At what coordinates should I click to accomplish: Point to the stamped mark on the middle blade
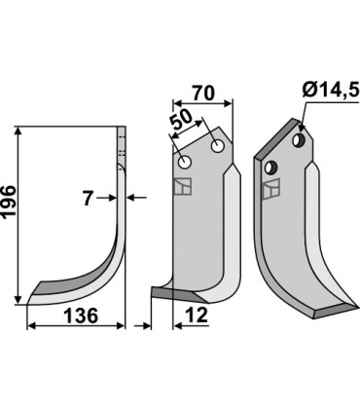pyautogui.click(x=182, y=187)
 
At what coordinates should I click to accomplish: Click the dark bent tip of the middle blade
pyautogui.click(x=161, y=291)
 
